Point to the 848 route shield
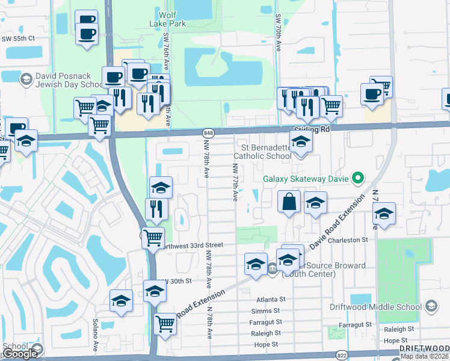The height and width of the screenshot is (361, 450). tap(208, 132)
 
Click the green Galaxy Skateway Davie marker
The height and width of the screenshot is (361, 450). tap(358, 177)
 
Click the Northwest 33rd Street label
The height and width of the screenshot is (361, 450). tap(191, 245)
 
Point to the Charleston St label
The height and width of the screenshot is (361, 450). tap(349, 239)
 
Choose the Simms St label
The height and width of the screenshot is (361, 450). tap(267, 310)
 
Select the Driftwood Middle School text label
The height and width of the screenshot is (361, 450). tap(375, 306)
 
